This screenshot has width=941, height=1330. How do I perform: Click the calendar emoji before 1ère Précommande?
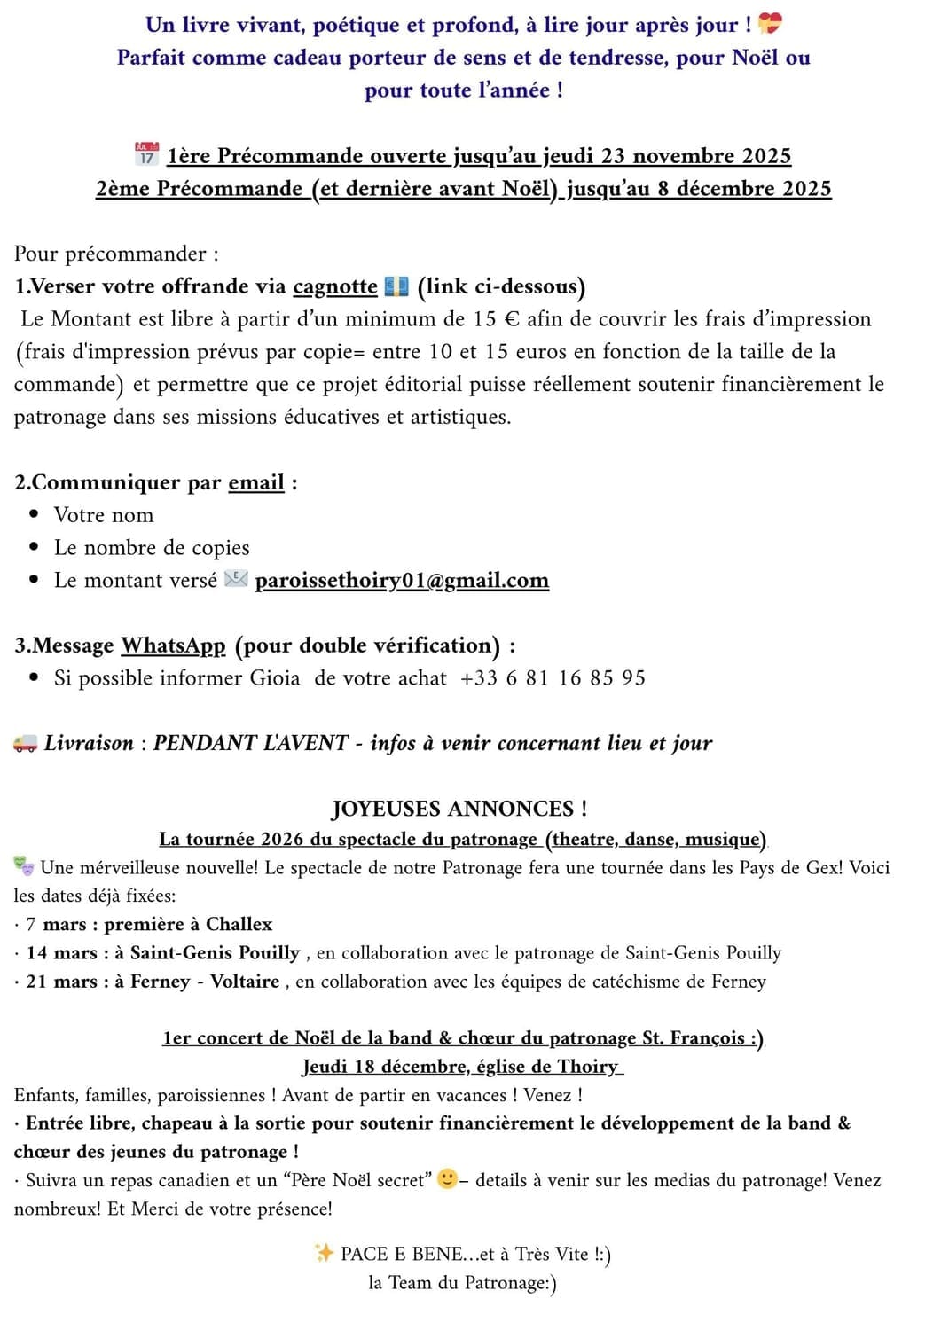[146, 154]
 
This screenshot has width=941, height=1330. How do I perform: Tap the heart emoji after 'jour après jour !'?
[770, 24]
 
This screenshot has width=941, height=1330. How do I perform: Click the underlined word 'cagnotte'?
[335, 286]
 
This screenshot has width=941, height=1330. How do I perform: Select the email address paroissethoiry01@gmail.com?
[402, 581]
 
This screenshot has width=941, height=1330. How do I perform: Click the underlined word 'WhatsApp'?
[173, 645]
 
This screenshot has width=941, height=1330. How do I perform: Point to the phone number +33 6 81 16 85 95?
[553, 678]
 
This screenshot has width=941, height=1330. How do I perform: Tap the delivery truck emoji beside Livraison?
[25, 743]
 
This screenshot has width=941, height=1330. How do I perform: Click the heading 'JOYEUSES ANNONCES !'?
[459, 809]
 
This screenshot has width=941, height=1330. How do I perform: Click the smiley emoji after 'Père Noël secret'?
[448, 1178]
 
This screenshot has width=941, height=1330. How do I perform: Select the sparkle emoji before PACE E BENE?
[324, 1252]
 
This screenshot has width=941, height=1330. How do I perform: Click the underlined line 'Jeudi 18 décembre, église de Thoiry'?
[462, 1067]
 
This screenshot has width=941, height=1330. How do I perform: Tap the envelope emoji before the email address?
[236, 580]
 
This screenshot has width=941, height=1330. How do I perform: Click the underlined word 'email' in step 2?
[256, 483]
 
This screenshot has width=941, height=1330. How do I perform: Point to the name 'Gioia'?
[275, 678]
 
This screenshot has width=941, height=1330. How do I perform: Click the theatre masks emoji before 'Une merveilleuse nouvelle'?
[24, 866]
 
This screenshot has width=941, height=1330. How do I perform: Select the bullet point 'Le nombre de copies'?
[152, 548]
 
